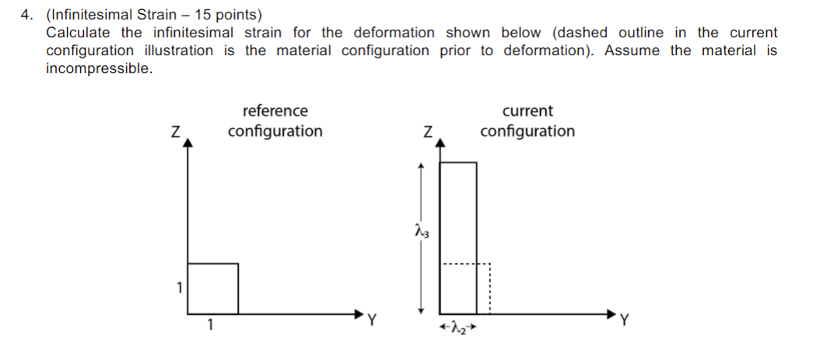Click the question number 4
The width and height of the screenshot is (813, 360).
[x=25, y=15]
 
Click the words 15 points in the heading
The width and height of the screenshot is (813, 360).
[x=226, y=15]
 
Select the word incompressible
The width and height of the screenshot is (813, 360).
[x=98, y=68]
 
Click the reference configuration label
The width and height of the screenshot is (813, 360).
[x=275, y=121]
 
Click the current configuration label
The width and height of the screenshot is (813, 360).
[x=527, y=121]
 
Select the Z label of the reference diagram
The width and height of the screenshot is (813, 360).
[x=176, y=132]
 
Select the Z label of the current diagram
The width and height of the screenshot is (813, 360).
[x=427, y=132]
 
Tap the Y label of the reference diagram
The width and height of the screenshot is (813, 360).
[x=372, y=318]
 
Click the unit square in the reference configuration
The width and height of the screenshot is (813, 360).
[x=213, y=288]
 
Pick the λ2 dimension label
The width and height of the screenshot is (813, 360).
[x=457, y=330]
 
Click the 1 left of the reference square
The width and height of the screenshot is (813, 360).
[x=178, y=288]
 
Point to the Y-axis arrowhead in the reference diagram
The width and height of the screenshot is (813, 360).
[x=359, y=313]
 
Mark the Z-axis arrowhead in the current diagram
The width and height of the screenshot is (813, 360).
[x=440, y=143]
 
